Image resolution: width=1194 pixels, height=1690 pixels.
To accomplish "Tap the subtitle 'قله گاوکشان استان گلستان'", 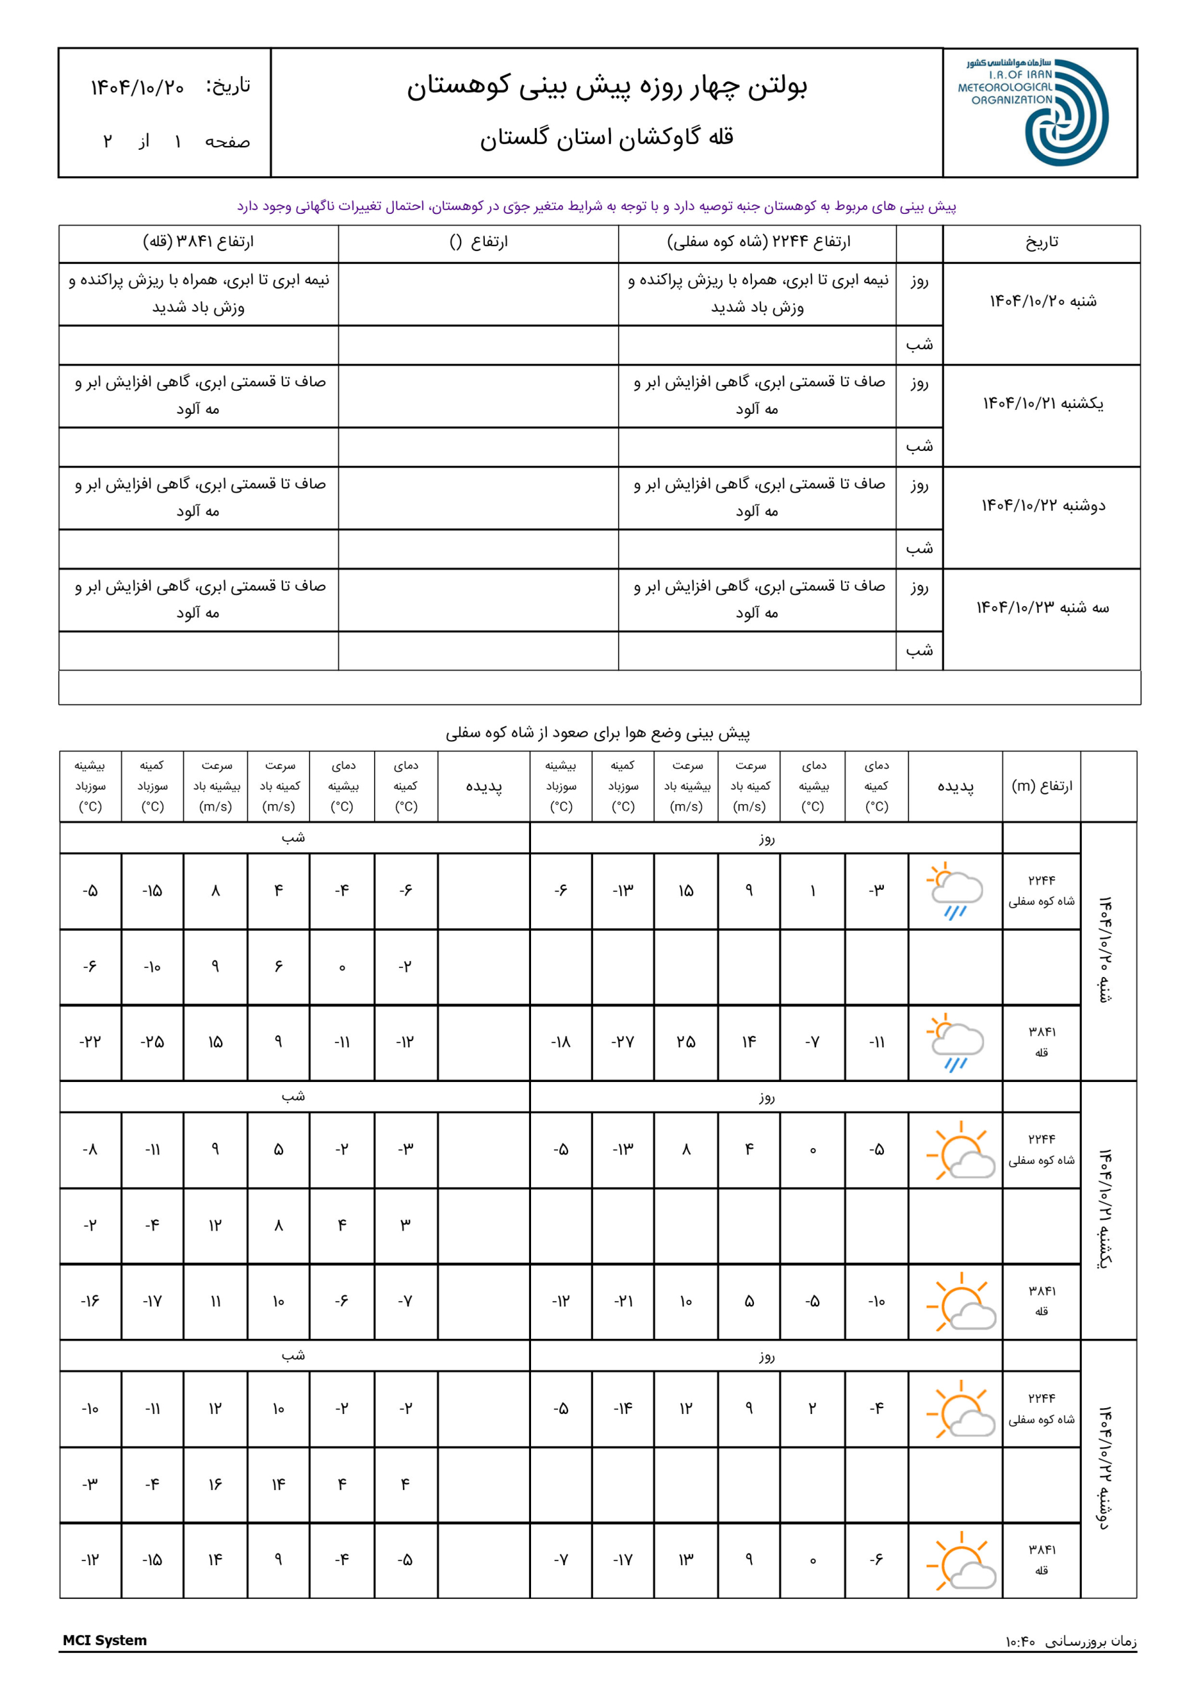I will [x=607, y=138].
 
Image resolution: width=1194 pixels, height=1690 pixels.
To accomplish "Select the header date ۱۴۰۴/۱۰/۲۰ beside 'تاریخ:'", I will [x=138, y=88].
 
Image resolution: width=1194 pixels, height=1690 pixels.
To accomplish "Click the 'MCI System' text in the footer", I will [x=104, y=1640].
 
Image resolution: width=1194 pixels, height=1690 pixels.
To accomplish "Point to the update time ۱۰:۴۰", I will [x=1021, y=1641].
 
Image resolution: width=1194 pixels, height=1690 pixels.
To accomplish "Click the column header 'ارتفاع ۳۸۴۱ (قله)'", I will [x=198, y=242].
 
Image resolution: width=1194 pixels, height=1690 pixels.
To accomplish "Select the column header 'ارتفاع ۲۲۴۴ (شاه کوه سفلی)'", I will [x=758, y=242].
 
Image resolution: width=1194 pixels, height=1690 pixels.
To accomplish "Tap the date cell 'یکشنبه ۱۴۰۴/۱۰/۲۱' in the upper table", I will [x=1042, y=403].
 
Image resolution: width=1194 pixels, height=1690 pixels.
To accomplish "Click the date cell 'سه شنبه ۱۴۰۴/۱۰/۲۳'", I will [x=1042, y=607].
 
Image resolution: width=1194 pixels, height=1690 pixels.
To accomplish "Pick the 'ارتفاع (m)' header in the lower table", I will [x=1042, y=786].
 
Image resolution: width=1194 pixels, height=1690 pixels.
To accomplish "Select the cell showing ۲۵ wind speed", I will [x=685, y=1042].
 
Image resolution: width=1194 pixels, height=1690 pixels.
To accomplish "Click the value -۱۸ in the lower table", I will [x=561, y=1042].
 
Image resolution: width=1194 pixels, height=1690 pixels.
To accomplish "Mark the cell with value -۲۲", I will [x=90, y=1042].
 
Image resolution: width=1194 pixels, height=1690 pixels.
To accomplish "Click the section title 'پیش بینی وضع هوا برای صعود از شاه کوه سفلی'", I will [x=598, y=733].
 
